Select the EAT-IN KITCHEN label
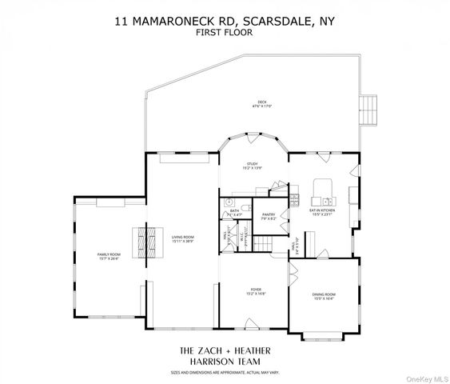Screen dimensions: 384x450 click(321, 211)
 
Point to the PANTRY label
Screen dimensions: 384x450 click(269, 216)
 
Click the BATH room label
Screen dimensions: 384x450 click(235, 212)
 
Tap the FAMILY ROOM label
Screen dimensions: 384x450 click(109, 256)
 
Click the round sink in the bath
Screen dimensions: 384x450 click(228, 201)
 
